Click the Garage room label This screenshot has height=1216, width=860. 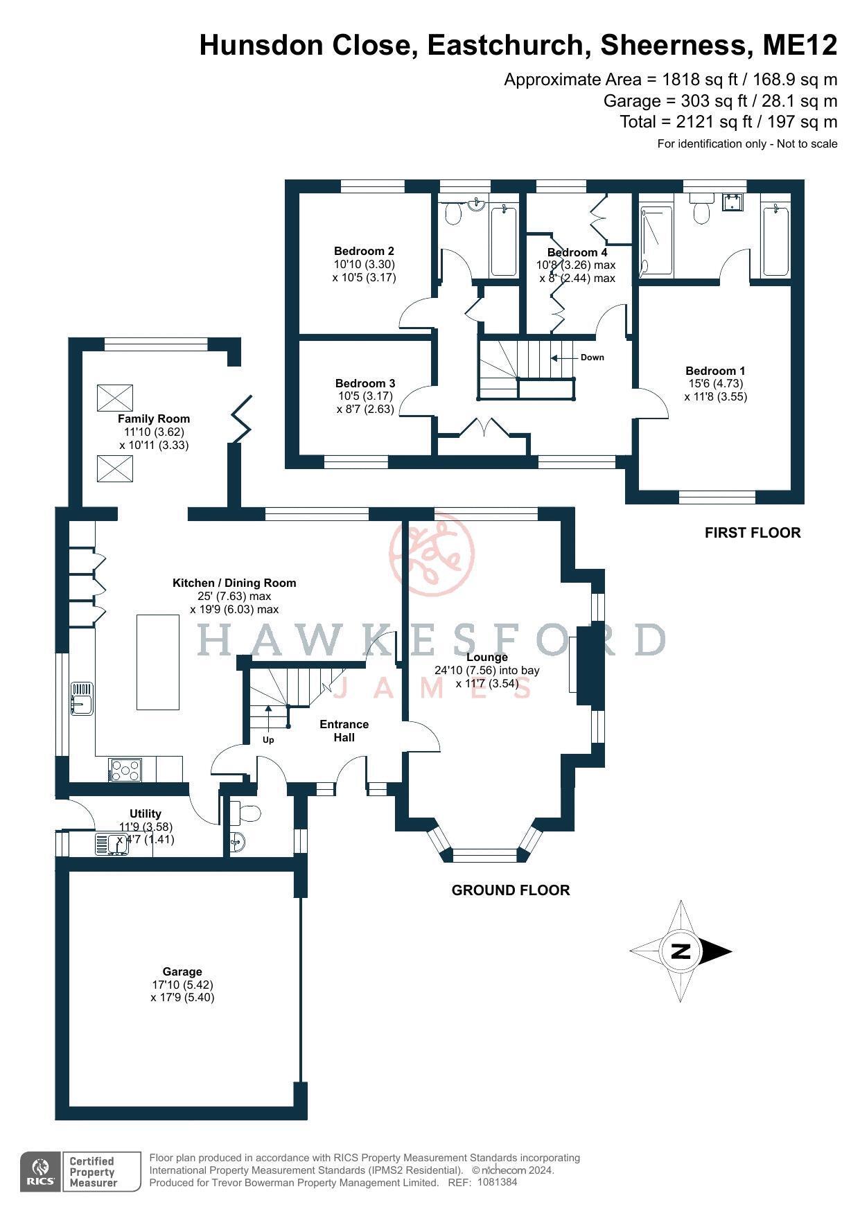coord(182,971)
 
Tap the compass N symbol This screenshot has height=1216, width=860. coord(681,951)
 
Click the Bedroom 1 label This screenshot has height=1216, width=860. coord(715,371)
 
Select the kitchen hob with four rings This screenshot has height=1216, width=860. coord(125,770)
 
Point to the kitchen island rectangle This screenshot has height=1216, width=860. coord(158,662)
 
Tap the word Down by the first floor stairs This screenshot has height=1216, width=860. coord(592,358)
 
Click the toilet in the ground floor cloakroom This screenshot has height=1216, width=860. coord(245,811)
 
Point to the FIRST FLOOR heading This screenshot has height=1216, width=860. coord(752,533)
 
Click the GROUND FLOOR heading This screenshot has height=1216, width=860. coord(510,890)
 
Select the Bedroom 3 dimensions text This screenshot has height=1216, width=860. coord(365,403)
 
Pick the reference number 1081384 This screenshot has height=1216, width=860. coord(497,1182)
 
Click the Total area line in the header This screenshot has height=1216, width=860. coord(728,122)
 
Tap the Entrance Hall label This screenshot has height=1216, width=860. coord(344,730)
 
